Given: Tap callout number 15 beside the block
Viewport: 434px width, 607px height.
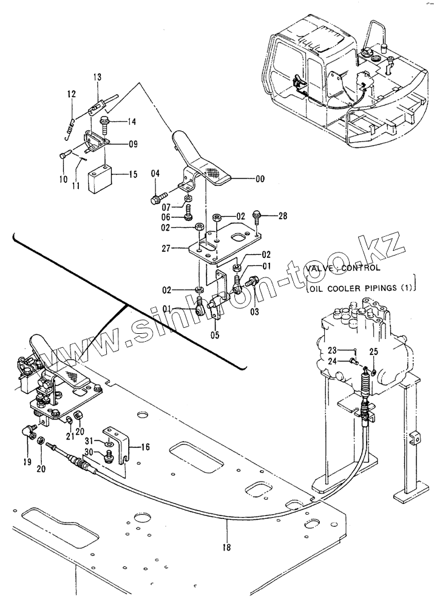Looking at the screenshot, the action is pos(133,174).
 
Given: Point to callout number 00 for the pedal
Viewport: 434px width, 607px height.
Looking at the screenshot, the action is pos(260,178).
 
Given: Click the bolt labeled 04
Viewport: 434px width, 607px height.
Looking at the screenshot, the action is pos(158,198).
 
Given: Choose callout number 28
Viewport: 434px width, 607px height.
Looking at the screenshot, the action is pos(283,215).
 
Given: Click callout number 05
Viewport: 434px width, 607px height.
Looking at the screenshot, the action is pos(215,335).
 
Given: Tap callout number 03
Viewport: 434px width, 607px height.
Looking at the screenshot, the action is pos(254,311).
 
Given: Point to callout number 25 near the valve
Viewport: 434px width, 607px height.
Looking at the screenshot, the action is pos(373,352).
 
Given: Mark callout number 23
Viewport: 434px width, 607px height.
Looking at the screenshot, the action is pos(333,351).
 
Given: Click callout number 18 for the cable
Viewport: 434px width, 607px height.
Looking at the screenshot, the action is pos(226,547).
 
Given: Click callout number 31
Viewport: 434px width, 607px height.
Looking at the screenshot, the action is pos(89,441).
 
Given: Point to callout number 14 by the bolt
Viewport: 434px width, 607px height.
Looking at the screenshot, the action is pos(132,122).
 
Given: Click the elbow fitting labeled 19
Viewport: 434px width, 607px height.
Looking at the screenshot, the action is pos(29,431).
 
